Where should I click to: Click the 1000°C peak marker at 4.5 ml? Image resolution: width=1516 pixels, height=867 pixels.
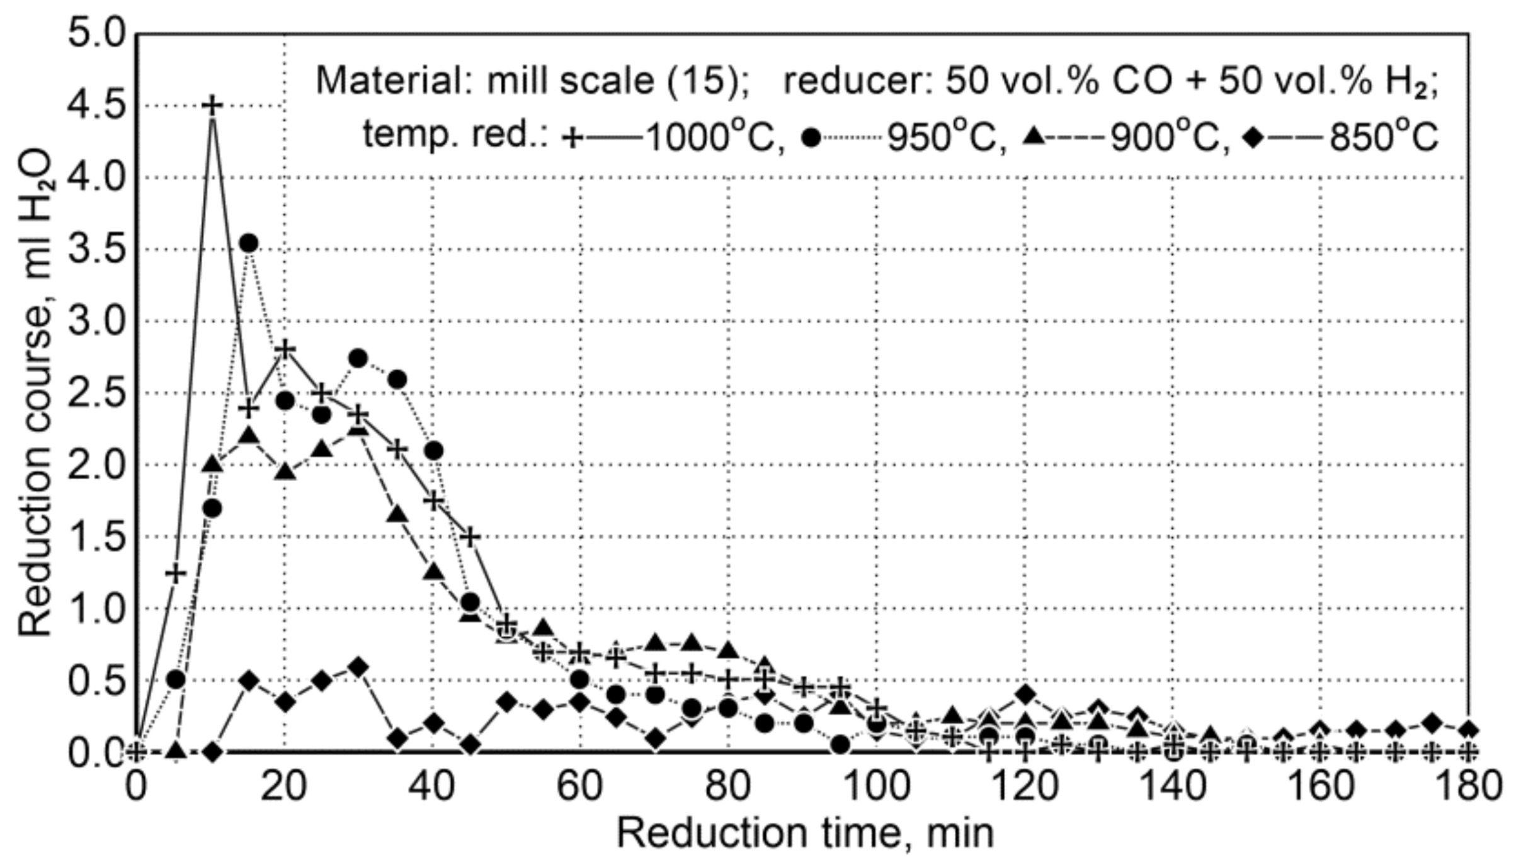[x=214, y=105]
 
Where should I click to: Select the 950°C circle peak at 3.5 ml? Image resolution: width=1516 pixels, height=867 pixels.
[x=249, y=243]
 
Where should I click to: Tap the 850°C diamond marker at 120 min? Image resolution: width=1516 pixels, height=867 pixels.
[x=1025, y=694]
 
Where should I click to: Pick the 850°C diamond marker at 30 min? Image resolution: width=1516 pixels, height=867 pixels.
[x=358, y=667]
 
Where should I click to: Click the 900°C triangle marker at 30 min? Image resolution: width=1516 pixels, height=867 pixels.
[x=358, y=428]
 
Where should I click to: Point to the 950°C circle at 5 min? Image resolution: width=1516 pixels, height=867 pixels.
[x=176, y=679]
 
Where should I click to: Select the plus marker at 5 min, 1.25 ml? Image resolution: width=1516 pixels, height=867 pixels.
[x=176, y=573]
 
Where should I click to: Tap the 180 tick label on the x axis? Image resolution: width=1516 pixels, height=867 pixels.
[x=1468, y=787]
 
